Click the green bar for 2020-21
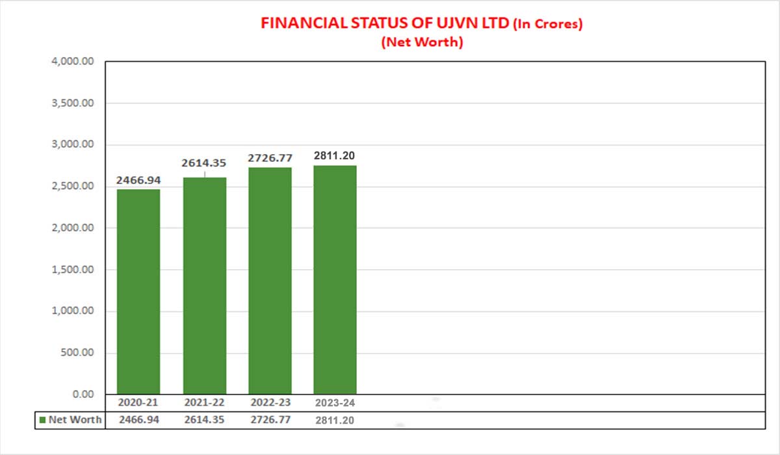[x=138, y=291]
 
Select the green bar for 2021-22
[x=205, y=285]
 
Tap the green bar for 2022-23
[x=270, y=280]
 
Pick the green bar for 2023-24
[x=335, y=279]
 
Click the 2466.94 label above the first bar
[x=138, y=179]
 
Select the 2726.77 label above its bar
[x=270, y=157]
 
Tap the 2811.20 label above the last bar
[x=335, y=155]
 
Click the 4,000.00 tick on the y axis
[x=72, y=62]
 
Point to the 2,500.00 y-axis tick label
[x=72, y=187]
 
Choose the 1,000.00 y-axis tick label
[x=72, y=311]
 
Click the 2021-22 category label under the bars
[x=205, y=403]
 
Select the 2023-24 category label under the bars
[x=335, y=403]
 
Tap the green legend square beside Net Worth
[x=43, y=420]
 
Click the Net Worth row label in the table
[x=75, y=420]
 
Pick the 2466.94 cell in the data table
[x=138, y=420]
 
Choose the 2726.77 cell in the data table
[x=270, y=420]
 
